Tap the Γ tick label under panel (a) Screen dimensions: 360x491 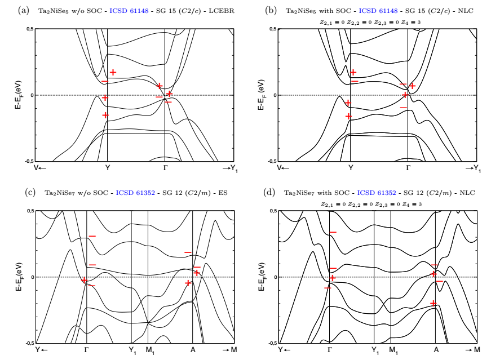pos(164,168)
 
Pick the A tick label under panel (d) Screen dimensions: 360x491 pos(436,350)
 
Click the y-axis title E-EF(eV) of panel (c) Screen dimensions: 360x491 pos(17,277)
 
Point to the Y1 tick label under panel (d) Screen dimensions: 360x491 pos(375,350)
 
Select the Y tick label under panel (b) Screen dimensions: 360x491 pos(351,168)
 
